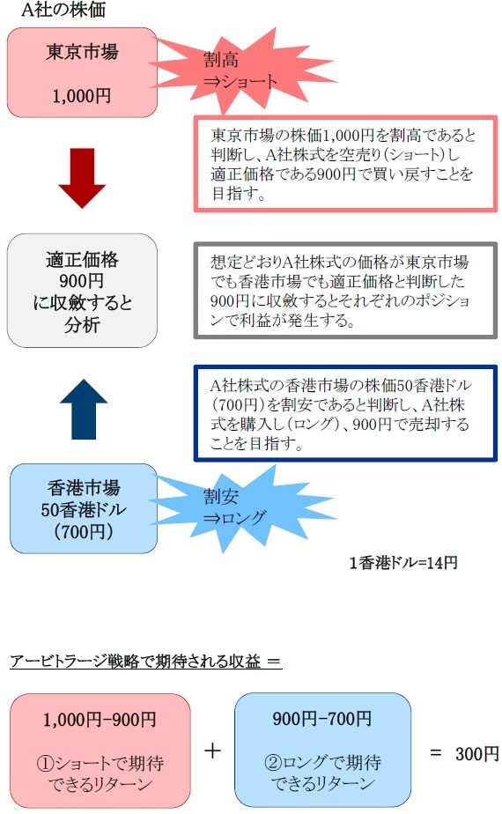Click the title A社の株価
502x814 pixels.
coord(63,10)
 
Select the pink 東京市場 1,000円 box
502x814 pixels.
coord(82,72)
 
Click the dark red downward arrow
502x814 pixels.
coord(82,178)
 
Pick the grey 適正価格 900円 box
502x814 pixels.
coord(82,291)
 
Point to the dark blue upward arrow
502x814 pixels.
coord(84,409)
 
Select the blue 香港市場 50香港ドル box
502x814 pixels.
coord(84,509)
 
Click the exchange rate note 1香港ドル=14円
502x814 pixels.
coord(403,563)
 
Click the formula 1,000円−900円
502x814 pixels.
coord(100,720)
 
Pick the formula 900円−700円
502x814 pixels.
coord(321,719)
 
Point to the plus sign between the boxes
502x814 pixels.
coord(212,751)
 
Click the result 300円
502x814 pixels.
coord(477,754)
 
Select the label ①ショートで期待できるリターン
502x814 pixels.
coord(100,773)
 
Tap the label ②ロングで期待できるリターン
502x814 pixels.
coord(322,772)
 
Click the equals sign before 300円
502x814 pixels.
coord(436,753)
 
